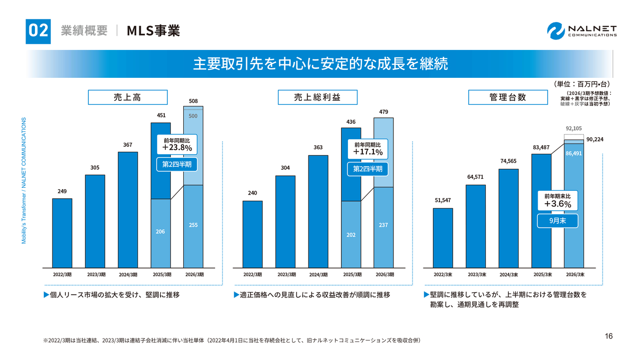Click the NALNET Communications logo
coord(582,30)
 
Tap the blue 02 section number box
coord(38,30)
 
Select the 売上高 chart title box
coord(127,97)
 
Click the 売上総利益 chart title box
coord(317,97)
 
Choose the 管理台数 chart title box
coord(507,97)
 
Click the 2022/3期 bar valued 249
coord(62,233)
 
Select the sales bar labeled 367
coord(128,210)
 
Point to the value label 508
coord(193,101)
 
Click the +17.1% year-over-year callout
coord(367,148)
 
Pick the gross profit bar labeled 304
coord(285,221)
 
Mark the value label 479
coord(383,112)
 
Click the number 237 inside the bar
coord(383,225)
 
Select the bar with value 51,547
coord(443,238)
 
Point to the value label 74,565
coord(508,161)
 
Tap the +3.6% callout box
coord(557,200)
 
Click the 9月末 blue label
coord(557,221)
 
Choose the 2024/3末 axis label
coord(508,275)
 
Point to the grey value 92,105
coord(574,128)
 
